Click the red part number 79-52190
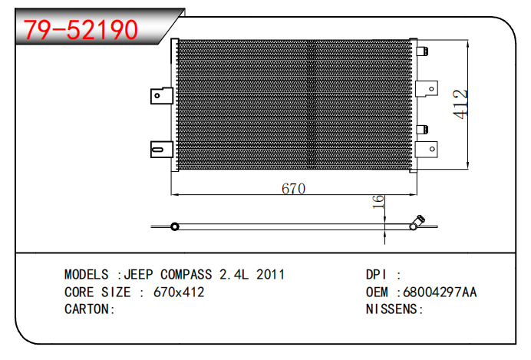point(81,30)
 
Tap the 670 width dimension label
point(293,189)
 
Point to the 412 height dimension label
point(460,104)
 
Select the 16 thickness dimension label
point(378,202)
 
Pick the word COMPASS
point(186,274)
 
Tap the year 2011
point(270,274)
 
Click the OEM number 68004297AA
point(440,292)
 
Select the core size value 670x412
point(179,292)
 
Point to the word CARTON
point(87,309)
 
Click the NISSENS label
point(391,309)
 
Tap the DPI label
point(376,274)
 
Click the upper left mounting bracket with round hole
point(162,95)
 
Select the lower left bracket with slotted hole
point(162,150)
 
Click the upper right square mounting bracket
point(427,89)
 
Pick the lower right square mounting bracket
point(427,149)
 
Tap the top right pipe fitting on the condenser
point(422,51)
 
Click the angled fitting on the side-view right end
point(417,222)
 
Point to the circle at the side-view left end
point(175,226)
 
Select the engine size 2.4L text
point(234,274)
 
